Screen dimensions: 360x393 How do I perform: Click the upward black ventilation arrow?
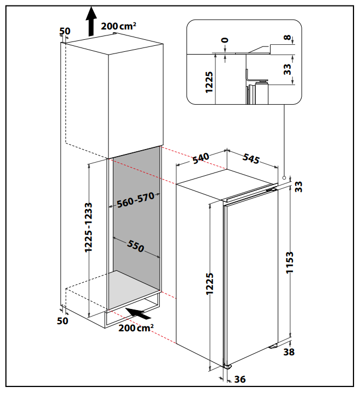91,21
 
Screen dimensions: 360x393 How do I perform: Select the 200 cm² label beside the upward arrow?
118,26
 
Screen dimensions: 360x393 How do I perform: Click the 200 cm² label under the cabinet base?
136,328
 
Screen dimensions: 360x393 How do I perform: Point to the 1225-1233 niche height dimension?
88,227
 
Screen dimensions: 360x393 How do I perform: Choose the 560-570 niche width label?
135,200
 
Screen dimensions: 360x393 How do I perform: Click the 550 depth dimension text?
135,246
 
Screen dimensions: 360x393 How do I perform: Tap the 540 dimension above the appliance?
201,158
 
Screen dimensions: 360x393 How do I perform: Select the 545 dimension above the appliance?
251,158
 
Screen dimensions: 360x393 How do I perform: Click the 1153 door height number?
289,263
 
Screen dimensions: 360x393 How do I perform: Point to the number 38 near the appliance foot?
289,352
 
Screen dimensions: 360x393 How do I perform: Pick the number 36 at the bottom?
240,379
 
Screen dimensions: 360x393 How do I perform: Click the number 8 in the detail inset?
287,38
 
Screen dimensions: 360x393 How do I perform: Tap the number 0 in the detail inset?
225,40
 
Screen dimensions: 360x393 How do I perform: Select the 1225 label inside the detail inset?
209,82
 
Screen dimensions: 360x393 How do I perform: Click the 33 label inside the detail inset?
287,69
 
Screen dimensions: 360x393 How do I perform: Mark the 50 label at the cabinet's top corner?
65,31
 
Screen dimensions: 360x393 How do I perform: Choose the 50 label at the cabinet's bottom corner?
62,321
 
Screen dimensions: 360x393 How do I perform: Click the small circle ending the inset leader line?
284,178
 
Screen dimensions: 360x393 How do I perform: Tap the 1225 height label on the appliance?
209,283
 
